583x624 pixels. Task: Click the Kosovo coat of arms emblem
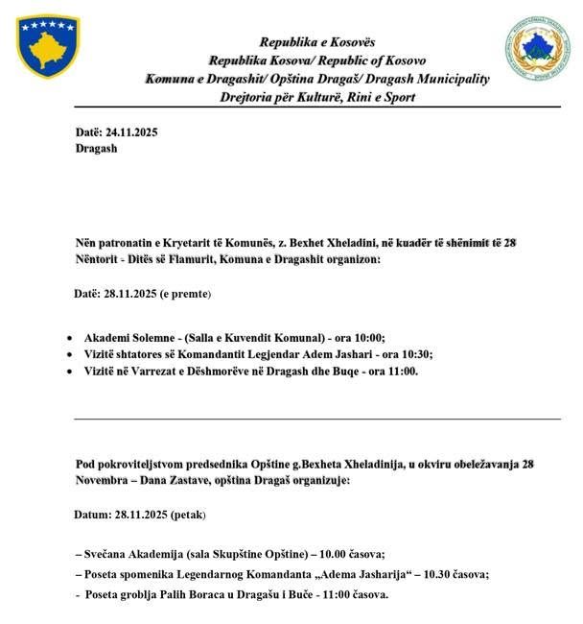(x=48, y=46)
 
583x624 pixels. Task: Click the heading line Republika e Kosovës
(x=316, y=42)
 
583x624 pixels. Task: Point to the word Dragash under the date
(x=96, y=149)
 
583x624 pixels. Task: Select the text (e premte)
(x=185, y=294)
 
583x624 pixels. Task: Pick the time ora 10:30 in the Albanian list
(x=407, y=354)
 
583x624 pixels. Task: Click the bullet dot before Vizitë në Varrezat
(x=71, y=372)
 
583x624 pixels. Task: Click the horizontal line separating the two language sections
(x=316, y=419)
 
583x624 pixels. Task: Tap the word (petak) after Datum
(x=188, y=515)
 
